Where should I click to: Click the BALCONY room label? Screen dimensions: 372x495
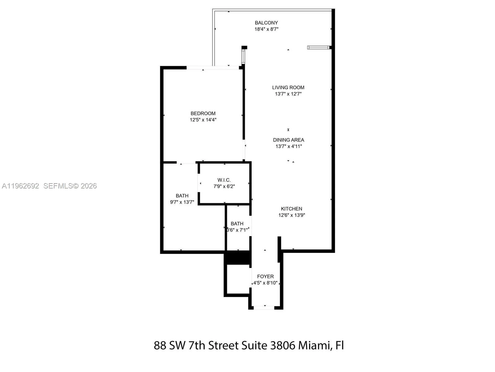click(x=266, y=23)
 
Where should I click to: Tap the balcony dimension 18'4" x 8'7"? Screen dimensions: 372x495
click(x=266, y=29)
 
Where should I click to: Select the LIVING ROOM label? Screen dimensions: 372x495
click(x=288, y=87)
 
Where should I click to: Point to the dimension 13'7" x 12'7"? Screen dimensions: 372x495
click(x=288, y=94)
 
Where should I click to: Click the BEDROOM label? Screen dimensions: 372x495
click(x=203, y=113)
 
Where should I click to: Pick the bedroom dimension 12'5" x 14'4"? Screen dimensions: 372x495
click(x=203, y=120)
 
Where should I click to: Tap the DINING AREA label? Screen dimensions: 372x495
click(x=288, y=140)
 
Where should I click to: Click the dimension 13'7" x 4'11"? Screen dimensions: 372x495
click(x=288, y=146)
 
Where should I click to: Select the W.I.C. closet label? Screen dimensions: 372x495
click(x=224, y=180)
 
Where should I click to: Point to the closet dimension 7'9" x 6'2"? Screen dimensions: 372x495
click(x=224, y=187)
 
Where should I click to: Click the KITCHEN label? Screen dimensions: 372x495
click(x=291, y=209)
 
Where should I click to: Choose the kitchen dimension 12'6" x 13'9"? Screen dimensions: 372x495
click(x=291, y=215)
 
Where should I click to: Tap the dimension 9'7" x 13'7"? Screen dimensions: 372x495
click(x=182, y=202)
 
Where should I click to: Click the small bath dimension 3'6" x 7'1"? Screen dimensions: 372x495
click(x=237, y=230)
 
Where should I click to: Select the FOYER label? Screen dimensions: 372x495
click(x=265, y=277)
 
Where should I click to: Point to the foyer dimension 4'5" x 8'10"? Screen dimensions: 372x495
click(x=265, y=283)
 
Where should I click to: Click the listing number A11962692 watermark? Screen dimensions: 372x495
click(x=20, y=186)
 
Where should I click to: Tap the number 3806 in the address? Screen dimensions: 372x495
click(x=282, y=345)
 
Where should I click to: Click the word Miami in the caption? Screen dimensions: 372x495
click(x=315, y=345)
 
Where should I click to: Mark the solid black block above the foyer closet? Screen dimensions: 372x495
click(x=237, y=258)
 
